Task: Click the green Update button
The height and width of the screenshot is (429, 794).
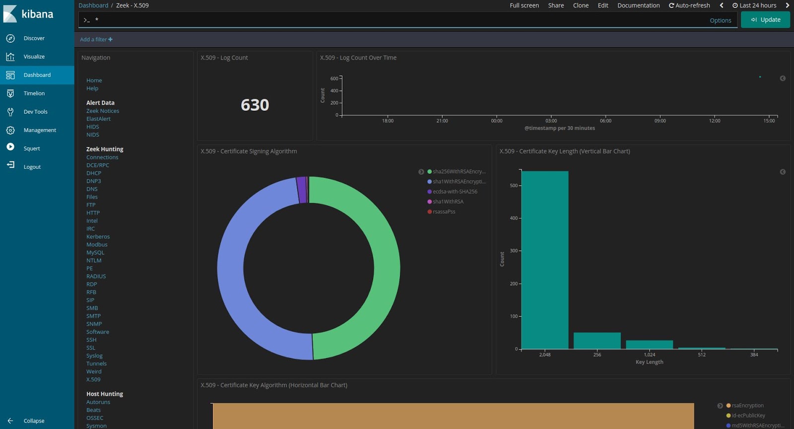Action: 765,20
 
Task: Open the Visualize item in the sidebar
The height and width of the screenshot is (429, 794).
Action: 34,57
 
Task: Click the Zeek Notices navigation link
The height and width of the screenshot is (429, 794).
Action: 103,111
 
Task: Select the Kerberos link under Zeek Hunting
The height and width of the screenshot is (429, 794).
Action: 98,236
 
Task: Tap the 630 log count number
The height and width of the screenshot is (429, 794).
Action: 255,105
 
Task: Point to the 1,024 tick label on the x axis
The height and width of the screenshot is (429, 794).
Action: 650,355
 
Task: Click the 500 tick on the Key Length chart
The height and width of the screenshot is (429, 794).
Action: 514,186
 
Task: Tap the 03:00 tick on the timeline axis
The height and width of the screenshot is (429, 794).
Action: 551,121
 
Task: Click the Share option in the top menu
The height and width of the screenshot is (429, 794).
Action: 556,5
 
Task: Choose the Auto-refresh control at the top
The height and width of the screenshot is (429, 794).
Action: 689,5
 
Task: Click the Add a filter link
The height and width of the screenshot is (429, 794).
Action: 96,40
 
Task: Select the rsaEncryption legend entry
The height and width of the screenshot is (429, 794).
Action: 747,406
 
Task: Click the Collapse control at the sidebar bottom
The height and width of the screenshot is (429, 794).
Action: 34,421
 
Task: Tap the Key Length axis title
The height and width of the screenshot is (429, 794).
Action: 649,362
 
